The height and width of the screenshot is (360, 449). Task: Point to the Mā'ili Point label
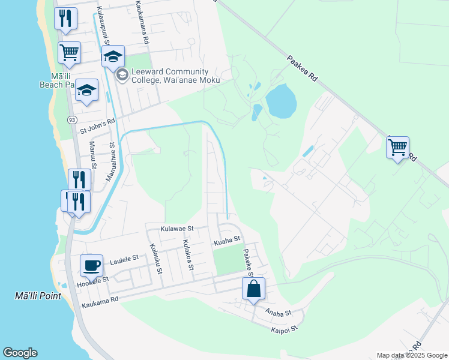click(x=34, y=296)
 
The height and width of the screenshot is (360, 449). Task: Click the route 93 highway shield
click(x=72, y=120)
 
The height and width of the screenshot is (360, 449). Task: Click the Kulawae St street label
click(x=177, y=229)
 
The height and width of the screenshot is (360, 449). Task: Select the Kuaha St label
click(x=227, y=241)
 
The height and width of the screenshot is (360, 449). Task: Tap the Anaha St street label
click(x=278, y=313)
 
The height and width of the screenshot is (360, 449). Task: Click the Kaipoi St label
click(x=284, y=329)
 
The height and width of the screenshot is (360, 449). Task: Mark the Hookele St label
click(x=93, y=280)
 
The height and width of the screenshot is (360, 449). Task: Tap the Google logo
click(x=20, y=353)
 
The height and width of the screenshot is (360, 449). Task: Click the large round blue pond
click(x=280, y=101)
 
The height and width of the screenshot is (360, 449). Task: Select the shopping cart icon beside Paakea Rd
click(x=397, y=147)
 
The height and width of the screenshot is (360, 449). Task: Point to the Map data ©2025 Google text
click(x=411, y=355)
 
